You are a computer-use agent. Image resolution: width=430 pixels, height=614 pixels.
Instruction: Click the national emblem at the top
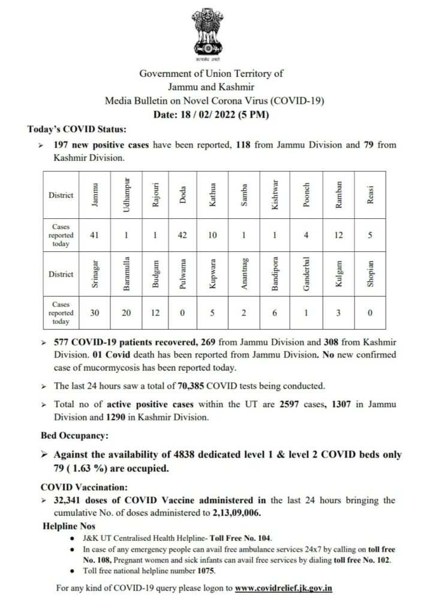(x=208, y=32)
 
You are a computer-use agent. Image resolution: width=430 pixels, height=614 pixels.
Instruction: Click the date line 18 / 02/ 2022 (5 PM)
(x=212, y=115)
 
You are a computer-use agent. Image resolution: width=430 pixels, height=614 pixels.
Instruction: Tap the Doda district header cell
(x=183, y=195)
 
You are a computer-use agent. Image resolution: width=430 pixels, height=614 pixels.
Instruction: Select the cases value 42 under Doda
(x=183, y=235)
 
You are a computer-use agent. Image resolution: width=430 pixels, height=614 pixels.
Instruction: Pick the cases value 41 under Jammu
(x=95, y=235)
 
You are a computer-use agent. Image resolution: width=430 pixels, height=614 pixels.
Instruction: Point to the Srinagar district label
(x=95, y=274)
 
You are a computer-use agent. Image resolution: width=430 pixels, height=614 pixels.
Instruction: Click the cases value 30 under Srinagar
(x=95, y=312)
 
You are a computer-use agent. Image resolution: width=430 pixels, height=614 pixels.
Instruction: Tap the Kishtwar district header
(x=275, y=195)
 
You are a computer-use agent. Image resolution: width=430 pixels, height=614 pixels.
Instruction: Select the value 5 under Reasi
(x=370, y=235)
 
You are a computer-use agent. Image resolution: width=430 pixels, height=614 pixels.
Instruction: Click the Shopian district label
(x=370, y=274)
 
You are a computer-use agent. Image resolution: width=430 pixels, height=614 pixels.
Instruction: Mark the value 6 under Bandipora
(x=275, y=312)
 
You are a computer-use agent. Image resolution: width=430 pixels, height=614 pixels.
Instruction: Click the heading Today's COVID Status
(x=77, y=129)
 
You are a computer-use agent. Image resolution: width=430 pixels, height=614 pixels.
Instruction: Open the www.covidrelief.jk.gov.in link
(x=283, y=588)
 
